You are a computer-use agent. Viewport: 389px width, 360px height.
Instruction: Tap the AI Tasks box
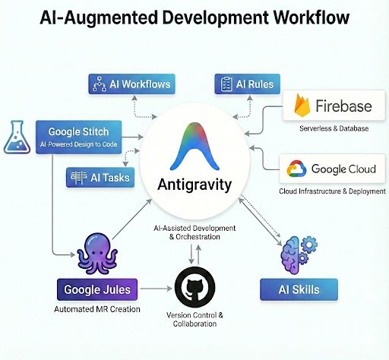pyautogui.click(x=100, y=178)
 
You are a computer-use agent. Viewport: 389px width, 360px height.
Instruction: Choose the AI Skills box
pyautogui.click(x=299, y=289)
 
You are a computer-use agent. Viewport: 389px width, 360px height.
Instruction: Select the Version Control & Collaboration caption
pyautogui.click(x=195, y=320)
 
